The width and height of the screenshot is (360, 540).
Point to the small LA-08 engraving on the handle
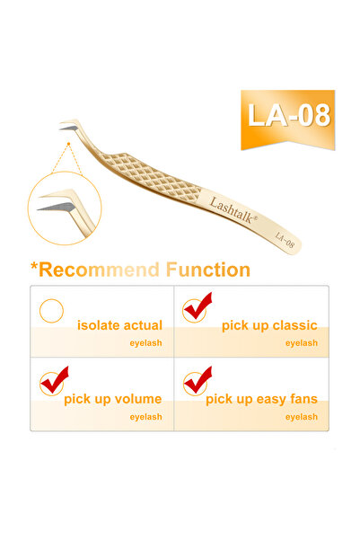click(286, 239)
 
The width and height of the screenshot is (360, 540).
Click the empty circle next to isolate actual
click(52, 311)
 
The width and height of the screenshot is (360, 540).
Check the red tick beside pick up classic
click(197, 307)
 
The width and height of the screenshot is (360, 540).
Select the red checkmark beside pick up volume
click(53, 381)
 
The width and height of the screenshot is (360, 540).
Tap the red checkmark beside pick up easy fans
click(197, 381)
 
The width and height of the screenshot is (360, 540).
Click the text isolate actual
click(119, 325)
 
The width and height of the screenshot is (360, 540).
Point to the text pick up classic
click(269, 325)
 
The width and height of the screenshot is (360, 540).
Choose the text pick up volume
click(112, 399)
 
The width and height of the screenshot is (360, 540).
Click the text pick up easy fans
click(261, 399)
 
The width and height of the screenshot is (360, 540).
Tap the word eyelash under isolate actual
click(146, 342)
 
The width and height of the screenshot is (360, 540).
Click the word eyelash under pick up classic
click(302, 342)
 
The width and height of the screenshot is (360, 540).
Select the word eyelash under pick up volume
click(146, 417)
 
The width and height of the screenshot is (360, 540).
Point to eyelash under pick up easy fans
click(302, 417)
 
